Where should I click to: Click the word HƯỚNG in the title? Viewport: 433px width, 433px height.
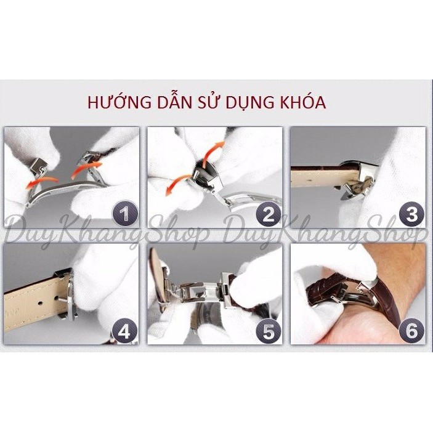(x=119, y=102)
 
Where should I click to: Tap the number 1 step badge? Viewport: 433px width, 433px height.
(x=125, y=214)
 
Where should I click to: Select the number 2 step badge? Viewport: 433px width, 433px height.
(x=268, y=214)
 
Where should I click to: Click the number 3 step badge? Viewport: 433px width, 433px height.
(x=411, y=214)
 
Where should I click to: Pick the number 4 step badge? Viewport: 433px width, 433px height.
(x=124, y=331)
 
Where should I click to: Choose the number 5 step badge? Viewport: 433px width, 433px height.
(x=268, y=331)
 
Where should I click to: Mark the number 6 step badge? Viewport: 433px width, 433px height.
(x=411, y=331)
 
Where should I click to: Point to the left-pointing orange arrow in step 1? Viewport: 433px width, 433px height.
(x=41, y=182)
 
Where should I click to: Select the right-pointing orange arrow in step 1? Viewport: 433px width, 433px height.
(x=86, y=169)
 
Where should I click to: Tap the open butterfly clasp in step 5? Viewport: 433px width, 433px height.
(x=199, y=291)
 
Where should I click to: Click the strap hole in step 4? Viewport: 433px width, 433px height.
(x=40, y=303)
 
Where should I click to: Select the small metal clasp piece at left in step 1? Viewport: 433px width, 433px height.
(x=38, y=166)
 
